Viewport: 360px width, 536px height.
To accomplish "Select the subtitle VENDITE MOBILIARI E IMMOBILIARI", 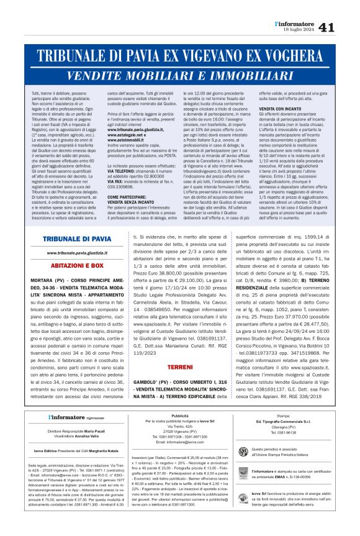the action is (180, 75).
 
